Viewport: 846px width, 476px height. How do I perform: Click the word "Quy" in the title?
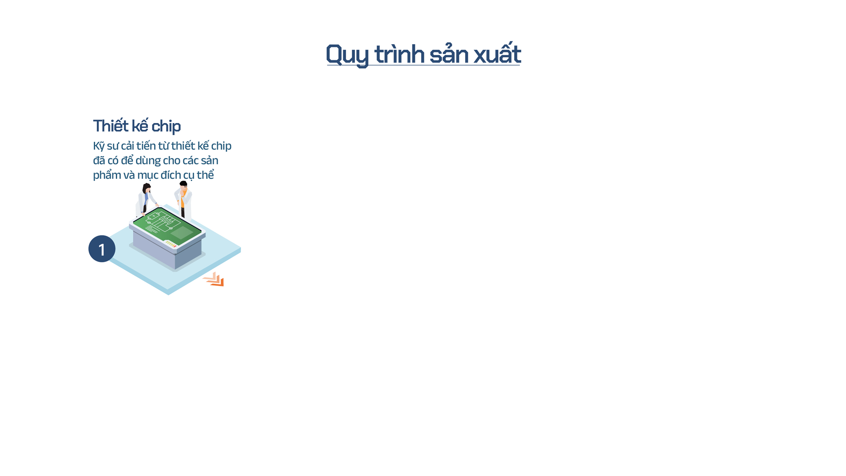coord(347,55)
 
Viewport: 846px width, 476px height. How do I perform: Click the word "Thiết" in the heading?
coord(111,125)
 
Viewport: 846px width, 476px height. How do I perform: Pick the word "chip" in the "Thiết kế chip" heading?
coord(166,127)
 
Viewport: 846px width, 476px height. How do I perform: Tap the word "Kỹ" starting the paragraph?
coord(98,146)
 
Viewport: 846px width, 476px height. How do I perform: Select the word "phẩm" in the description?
coord(107,175)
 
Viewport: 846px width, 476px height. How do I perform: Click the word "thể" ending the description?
coord(206,174)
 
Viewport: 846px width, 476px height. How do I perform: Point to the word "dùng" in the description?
coord(148,161)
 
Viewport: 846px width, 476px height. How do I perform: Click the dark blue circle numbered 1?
coord(102,249)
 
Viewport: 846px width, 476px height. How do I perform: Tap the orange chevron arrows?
coord(213,279)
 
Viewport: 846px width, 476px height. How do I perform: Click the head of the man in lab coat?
coord(183,185)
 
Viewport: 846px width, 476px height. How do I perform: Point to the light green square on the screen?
coord(182,233)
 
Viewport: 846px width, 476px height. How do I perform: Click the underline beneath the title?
coord(423,65)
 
